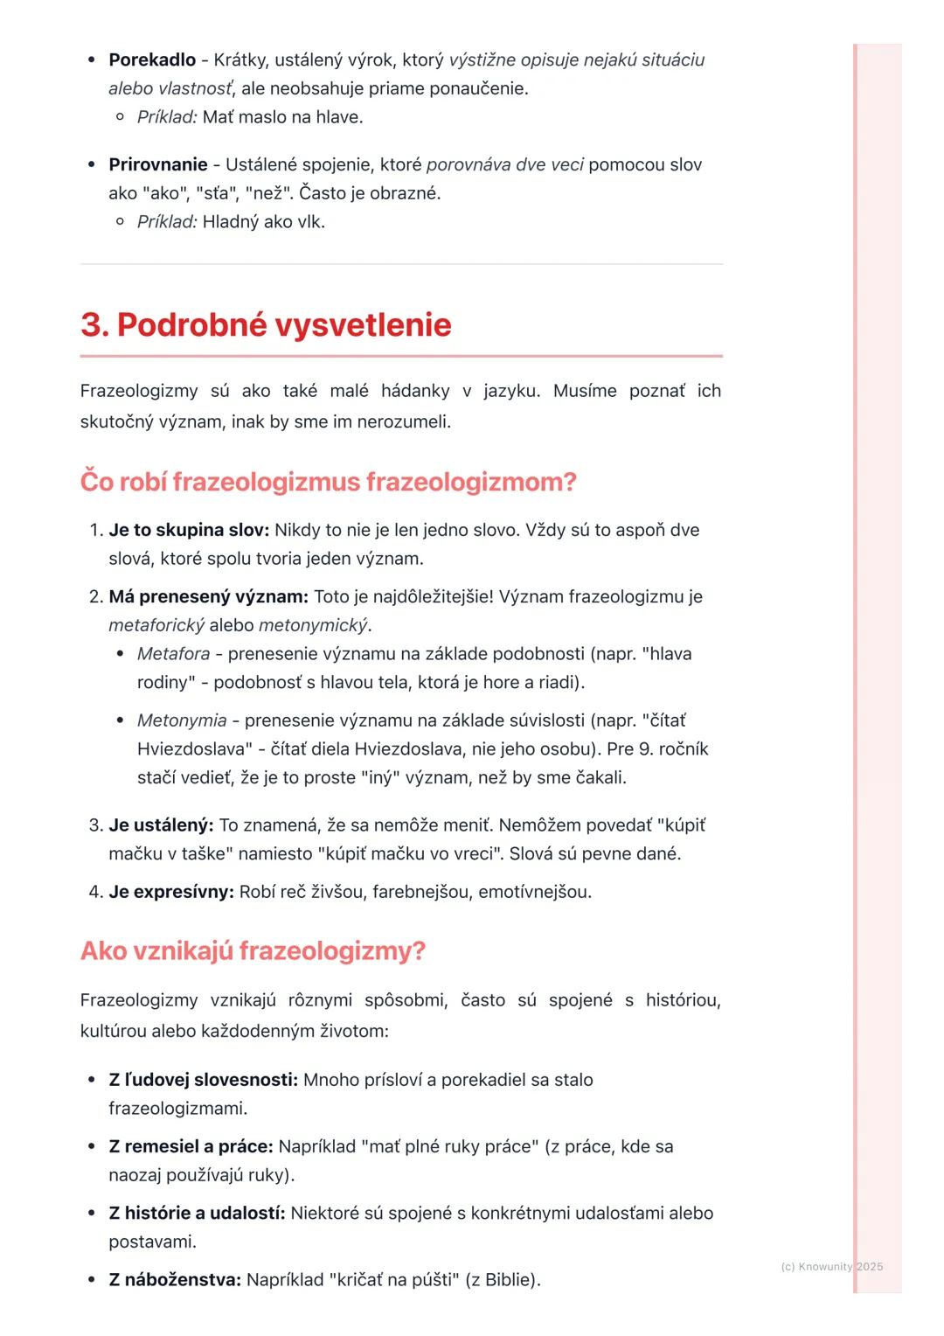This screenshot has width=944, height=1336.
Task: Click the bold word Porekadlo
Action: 152,60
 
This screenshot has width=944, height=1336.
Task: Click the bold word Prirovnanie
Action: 158,165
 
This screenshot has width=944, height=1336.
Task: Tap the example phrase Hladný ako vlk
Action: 263,222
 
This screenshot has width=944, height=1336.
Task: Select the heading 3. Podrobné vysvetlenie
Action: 266,324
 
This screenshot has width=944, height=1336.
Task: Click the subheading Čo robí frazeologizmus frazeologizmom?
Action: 328,482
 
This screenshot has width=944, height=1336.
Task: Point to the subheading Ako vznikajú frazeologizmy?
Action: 253,950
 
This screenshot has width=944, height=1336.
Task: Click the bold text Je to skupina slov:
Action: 188,531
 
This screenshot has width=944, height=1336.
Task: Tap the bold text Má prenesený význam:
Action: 208,597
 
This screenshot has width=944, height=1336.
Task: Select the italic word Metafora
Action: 173,654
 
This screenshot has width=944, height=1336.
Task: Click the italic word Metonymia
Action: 181,720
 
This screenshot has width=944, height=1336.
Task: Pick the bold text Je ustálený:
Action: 161,825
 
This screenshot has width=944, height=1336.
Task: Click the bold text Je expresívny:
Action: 171,893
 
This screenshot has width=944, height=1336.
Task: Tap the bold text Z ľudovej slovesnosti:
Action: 203,1080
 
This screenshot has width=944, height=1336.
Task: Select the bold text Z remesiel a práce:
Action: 191,1146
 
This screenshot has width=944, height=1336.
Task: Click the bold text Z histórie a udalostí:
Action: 197,1213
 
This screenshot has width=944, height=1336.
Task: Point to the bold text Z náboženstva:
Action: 174,1280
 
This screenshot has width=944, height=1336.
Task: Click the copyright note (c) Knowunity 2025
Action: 831,1266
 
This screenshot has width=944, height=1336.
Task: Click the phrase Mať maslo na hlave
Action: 282,117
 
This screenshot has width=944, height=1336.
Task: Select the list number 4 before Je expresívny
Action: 95,893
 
